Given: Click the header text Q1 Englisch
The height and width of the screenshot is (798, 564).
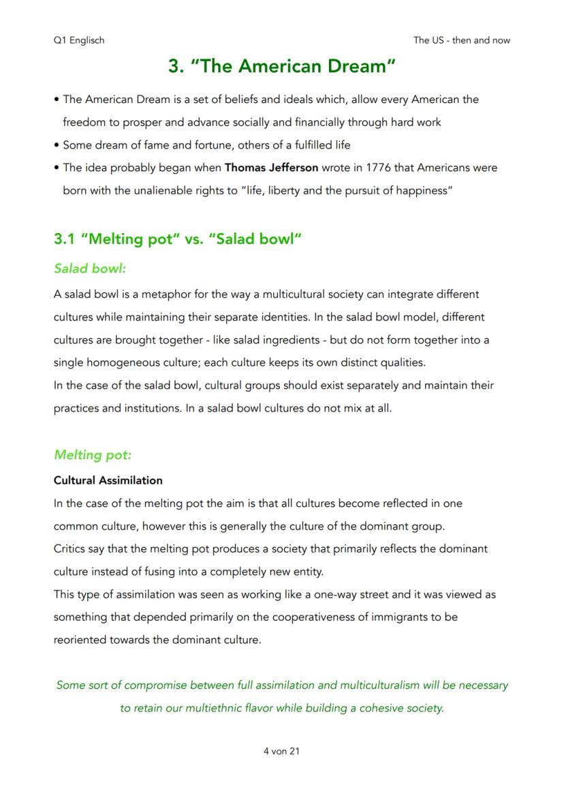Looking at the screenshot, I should pyautogui.click(x=79, y=40).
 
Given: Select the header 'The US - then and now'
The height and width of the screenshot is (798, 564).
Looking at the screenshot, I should pyautogui.click(x=461, y=40).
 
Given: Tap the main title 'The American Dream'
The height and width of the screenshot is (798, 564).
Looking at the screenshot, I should pyautogui.click(x=282, y=66).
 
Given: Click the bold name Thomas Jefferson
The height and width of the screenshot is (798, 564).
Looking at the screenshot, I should pyautogui.click(x=271, y=168).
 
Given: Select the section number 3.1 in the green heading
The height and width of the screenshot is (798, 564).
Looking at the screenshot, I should pyautogui.click(x=64, y=239).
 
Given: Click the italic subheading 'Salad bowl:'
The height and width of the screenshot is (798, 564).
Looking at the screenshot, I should pyautogui.click(x=90, y=268).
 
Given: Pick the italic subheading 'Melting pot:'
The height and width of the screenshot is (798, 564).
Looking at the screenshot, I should pyautogui.click(x=93, y=455).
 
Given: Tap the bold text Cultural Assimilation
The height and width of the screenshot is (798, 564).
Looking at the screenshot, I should pyautogui.click(x=108, y=480).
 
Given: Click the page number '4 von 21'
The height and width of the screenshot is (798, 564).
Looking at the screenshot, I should pyautogui.click(x=281, y=751).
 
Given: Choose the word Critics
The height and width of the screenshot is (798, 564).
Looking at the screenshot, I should pyautogui.click(x=70, y=549).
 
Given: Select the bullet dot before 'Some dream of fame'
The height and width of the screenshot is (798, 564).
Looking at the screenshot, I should pyautogui.click(x=56, y=145).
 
